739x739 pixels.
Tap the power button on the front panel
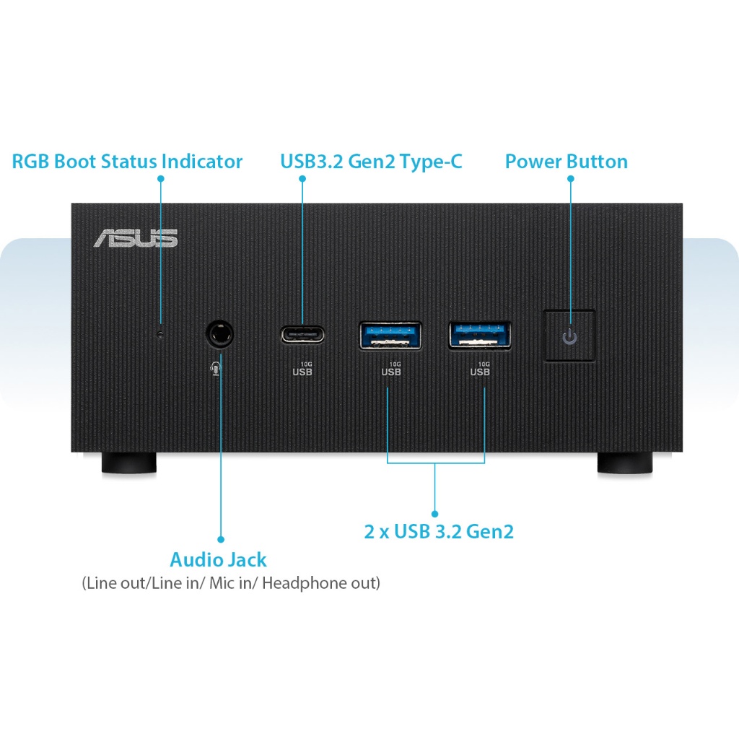[569, 336]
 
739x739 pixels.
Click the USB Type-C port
[302, 335]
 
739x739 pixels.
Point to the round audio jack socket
[220, 334]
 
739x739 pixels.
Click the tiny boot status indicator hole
[160, 334]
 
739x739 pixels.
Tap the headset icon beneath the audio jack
[215, 368]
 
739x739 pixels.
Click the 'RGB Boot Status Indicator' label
[127, 161]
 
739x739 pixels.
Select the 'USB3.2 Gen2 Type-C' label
[371, 161]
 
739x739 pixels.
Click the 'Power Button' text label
[566, 161]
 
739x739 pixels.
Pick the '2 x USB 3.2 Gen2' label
[439, 532]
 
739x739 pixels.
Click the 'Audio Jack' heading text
[218, 559]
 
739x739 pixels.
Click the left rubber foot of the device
[129, 463]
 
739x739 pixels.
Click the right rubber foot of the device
[625, 463]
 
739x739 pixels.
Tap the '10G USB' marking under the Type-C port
[302, 369]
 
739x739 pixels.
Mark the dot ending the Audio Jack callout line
[221, 538]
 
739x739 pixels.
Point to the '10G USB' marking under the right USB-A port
[480, 369]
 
